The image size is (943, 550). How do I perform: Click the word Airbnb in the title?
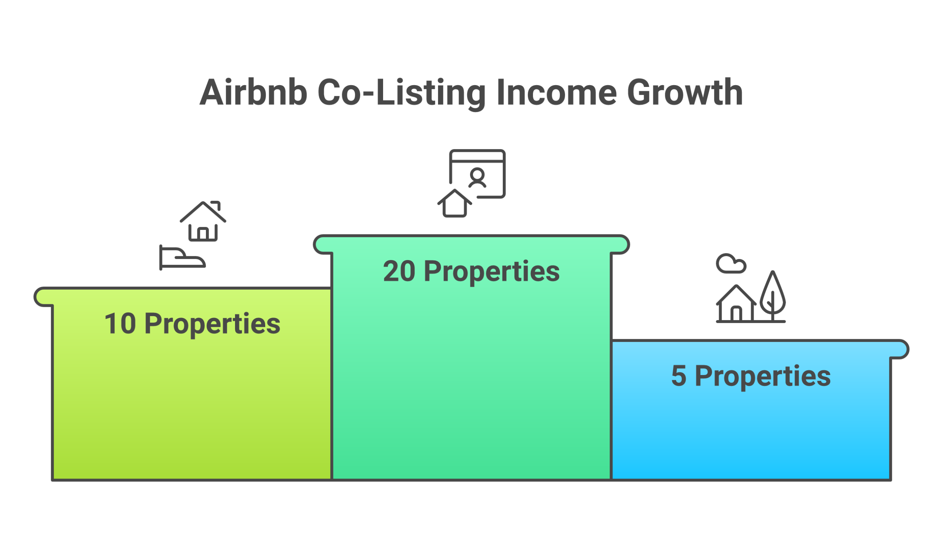pos(253,92)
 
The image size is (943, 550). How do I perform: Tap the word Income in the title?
pos(557,92)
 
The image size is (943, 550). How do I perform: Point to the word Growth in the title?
pos(685,92)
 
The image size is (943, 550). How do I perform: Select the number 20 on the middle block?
pos(399,271)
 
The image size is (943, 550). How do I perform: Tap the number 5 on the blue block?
pos(679,376)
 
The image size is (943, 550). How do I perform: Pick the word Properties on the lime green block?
pos(212,325)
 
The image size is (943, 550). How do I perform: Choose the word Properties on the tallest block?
pos(492,272)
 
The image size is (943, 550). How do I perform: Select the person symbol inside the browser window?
pos(477,178)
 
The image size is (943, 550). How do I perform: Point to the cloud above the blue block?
pos(730,264)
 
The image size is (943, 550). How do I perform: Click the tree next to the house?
pos(772,295)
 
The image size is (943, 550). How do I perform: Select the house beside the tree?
pos(736,305)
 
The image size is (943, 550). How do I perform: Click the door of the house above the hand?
pos(203,234)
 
